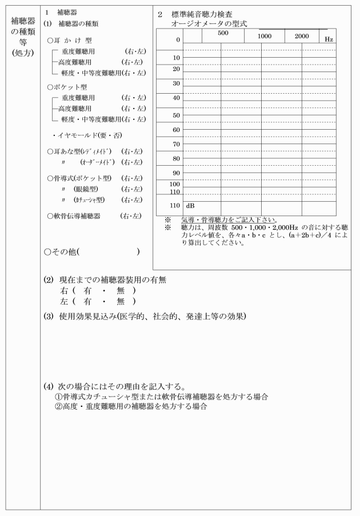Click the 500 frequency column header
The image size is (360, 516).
point(223,33)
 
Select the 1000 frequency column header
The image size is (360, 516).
point(264,36)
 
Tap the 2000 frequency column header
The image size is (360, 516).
point(302,36)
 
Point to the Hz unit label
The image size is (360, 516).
point(329,39)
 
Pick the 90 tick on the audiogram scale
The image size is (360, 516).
point(177,173)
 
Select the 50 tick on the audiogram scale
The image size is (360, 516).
point(177,115)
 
